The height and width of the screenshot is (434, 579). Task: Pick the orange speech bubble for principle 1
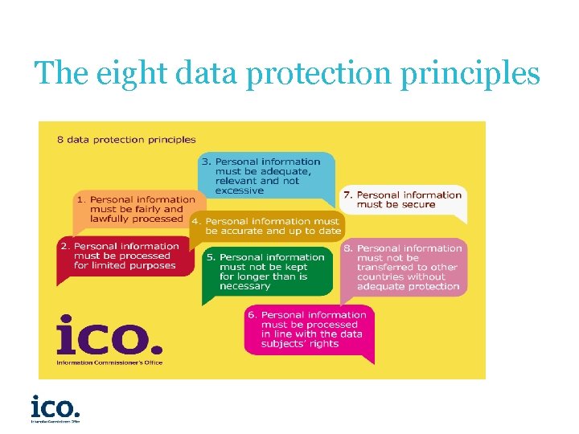click(x=133, y=209)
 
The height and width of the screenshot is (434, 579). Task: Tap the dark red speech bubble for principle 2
click(x=125, y=256)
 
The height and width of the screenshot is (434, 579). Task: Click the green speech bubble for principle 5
click(x=266, y=272)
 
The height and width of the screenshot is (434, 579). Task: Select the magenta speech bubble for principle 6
click(x=310, y=330)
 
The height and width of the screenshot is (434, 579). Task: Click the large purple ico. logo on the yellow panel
click(x=109, y=336)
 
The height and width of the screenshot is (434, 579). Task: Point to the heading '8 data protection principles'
click(x=126, y=139)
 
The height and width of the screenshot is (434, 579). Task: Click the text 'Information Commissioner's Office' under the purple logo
click(x=109, y=362)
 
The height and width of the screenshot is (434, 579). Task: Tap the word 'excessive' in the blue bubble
click(x=239, y=191)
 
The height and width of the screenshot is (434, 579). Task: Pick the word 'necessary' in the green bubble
click(x=244, y=286)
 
